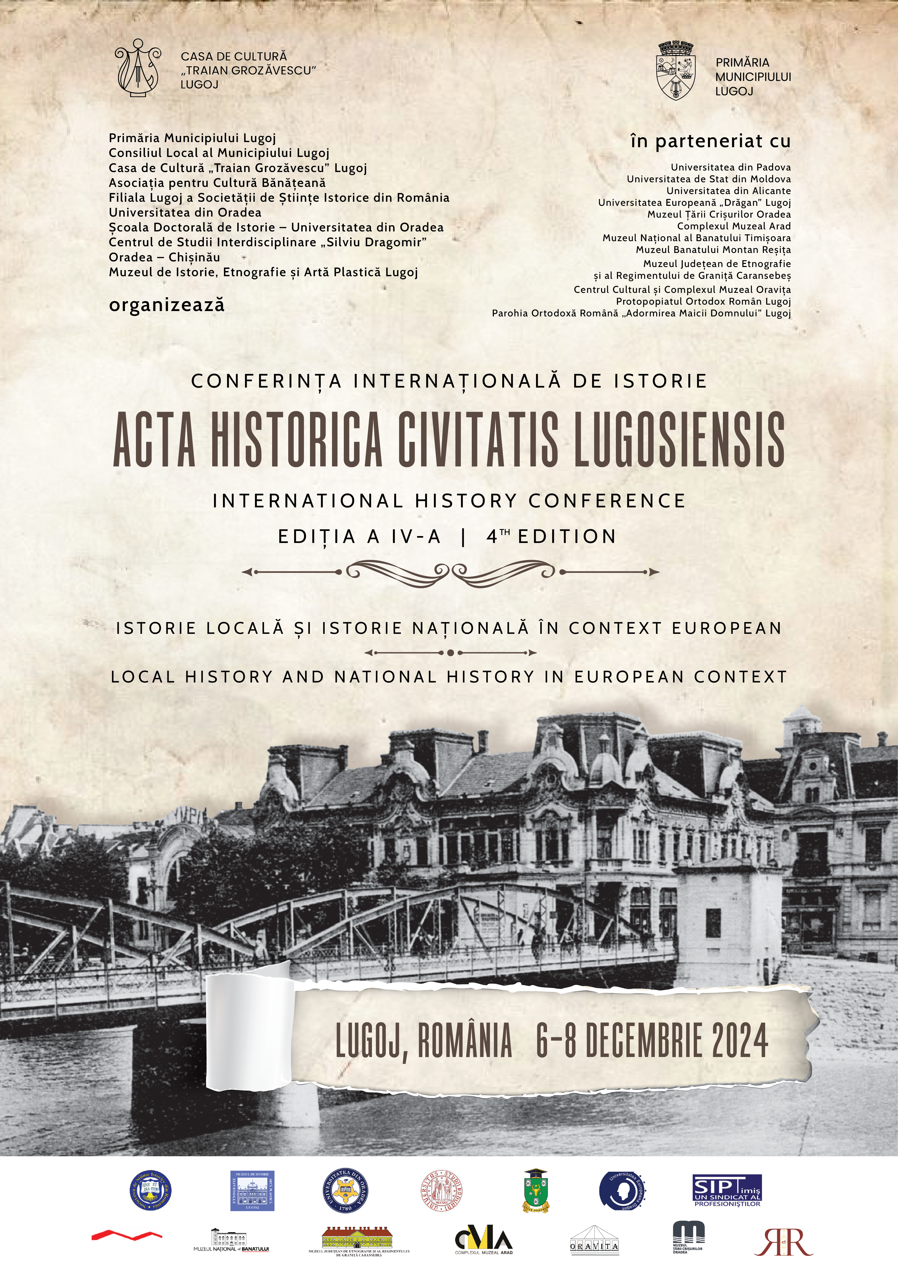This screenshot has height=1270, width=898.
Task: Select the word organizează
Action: [166, 305]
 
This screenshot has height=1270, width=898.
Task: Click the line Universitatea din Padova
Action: [730, 167]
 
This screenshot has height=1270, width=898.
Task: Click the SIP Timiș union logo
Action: [727, 1190]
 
